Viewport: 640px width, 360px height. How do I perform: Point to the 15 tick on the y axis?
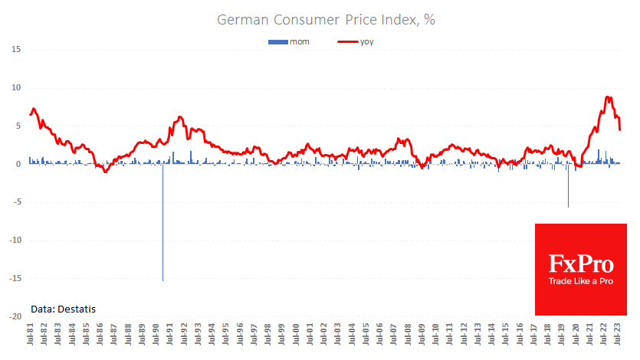(x=15, y=50)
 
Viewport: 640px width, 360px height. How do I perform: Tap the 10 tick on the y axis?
(x=15, y=88)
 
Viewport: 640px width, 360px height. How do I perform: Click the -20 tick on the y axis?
(x=14, y=316)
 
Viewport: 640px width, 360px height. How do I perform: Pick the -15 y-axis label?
(x=14, y=279)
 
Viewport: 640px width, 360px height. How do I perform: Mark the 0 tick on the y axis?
(x=18, y=164)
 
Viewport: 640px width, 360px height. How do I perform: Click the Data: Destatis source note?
(x=64, y=309)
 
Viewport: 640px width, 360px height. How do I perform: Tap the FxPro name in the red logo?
(x=581, y=265)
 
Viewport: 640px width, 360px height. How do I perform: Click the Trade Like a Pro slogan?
(x=581, y=282)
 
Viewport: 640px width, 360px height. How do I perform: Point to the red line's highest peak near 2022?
(x=608, y=97)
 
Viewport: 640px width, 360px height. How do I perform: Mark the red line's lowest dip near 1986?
(x=105, y=172)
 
